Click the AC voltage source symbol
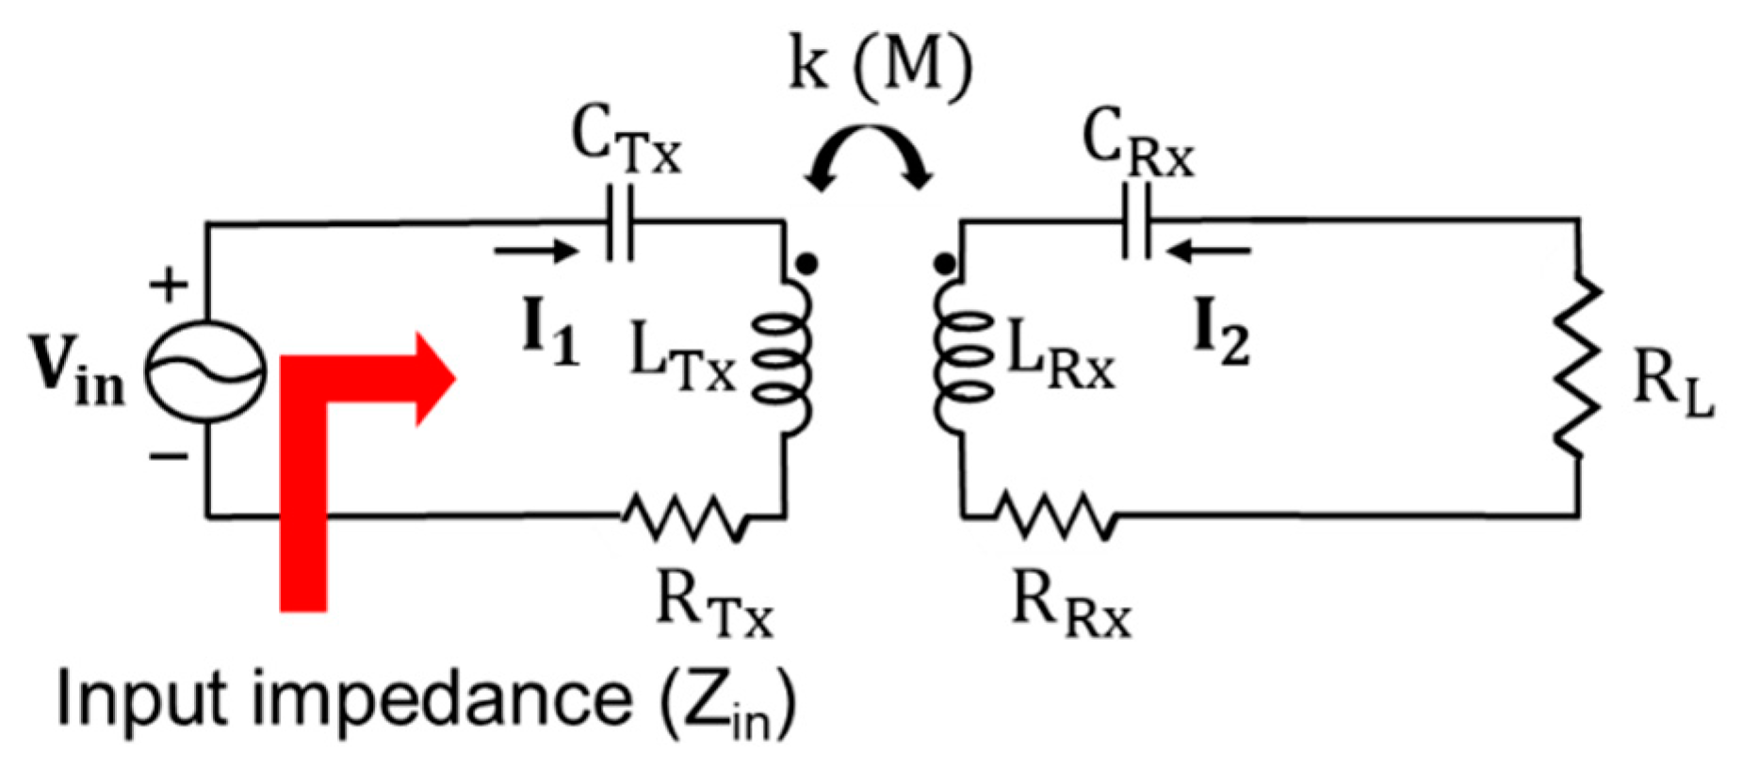[x=204, y=372]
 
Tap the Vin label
[x=80, y=372]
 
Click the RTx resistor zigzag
[x=685, y=516]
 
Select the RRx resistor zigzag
[x=1055, y=516]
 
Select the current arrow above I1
[x=534, y=251]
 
